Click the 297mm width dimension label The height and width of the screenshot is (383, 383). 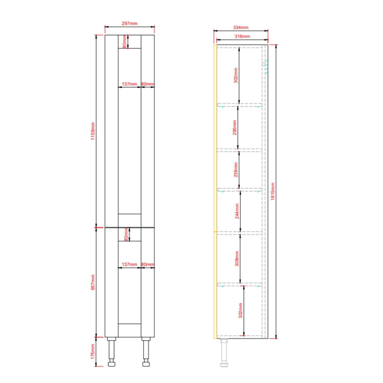[129, 23]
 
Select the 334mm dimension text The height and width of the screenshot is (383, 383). [241, 28]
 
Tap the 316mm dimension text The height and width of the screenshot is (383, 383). [242, 37]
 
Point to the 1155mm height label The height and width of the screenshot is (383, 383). [93, 131]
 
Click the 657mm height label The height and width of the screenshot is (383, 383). [93, 282]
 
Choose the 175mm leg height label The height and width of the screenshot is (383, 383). [93, 352]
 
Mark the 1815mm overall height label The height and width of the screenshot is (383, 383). [273, 192]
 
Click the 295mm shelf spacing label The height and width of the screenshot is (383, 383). [235, 127]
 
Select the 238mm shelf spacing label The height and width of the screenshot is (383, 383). [236, 170]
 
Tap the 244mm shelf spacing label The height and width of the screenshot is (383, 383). [237, 211]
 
